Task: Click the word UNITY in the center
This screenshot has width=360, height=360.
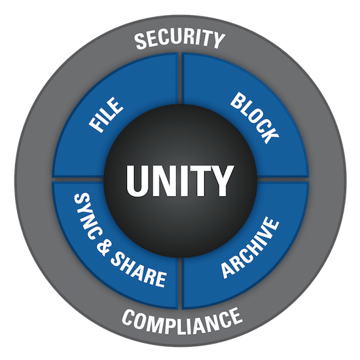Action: pos(180,181)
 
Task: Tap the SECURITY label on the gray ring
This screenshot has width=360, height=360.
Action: pos(179,39)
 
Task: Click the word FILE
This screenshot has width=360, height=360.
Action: pos(106,115)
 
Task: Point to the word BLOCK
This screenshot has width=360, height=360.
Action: pos(255,118)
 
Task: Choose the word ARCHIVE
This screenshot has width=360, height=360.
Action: pos(250,247)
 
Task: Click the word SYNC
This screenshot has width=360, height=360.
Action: pos(85,215)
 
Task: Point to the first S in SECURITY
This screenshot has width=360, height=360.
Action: pos(141,41)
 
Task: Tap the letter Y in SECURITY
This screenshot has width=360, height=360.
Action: pos(219,40)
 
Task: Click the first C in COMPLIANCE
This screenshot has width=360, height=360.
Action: pos(130,316)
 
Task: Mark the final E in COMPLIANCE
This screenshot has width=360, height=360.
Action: pos(236,317)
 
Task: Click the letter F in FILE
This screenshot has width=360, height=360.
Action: pos(96,126)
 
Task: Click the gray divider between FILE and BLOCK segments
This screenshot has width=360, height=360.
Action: pos(180,79)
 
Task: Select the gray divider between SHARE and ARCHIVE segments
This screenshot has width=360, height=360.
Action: pos(180,283)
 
